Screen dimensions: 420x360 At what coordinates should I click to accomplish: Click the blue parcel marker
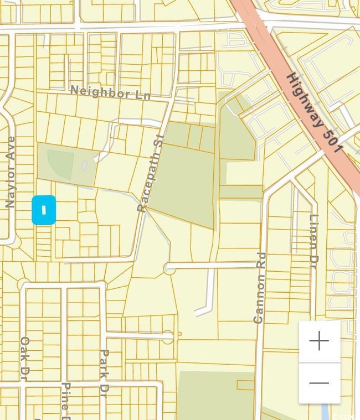click(x=44, y=210)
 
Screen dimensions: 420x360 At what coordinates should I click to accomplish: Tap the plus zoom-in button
click(x=320, y=342)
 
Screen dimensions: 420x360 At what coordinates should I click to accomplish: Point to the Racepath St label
click(x=151, y=173)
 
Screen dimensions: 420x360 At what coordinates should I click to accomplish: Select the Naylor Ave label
click(x=11, y=172)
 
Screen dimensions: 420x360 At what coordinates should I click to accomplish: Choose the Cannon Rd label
click(x=260, y=288)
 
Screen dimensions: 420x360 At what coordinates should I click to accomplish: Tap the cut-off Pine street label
click(x=65, y=401)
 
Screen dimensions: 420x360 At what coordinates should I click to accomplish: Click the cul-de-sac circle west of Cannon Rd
click(x=169, y=268)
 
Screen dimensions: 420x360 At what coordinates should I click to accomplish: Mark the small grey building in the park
click(x=84, y=165)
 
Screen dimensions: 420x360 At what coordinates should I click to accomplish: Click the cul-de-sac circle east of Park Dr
click(x=168, y=335)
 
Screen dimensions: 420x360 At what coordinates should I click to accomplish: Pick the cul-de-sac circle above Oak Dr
click(x=23, y=285)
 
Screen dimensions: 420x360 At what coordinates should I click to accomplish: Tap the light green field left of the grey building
click(x=60, y=164)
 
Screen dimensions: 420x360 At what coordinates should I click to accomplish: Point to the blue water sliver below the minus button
click(x=325, y=411)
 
